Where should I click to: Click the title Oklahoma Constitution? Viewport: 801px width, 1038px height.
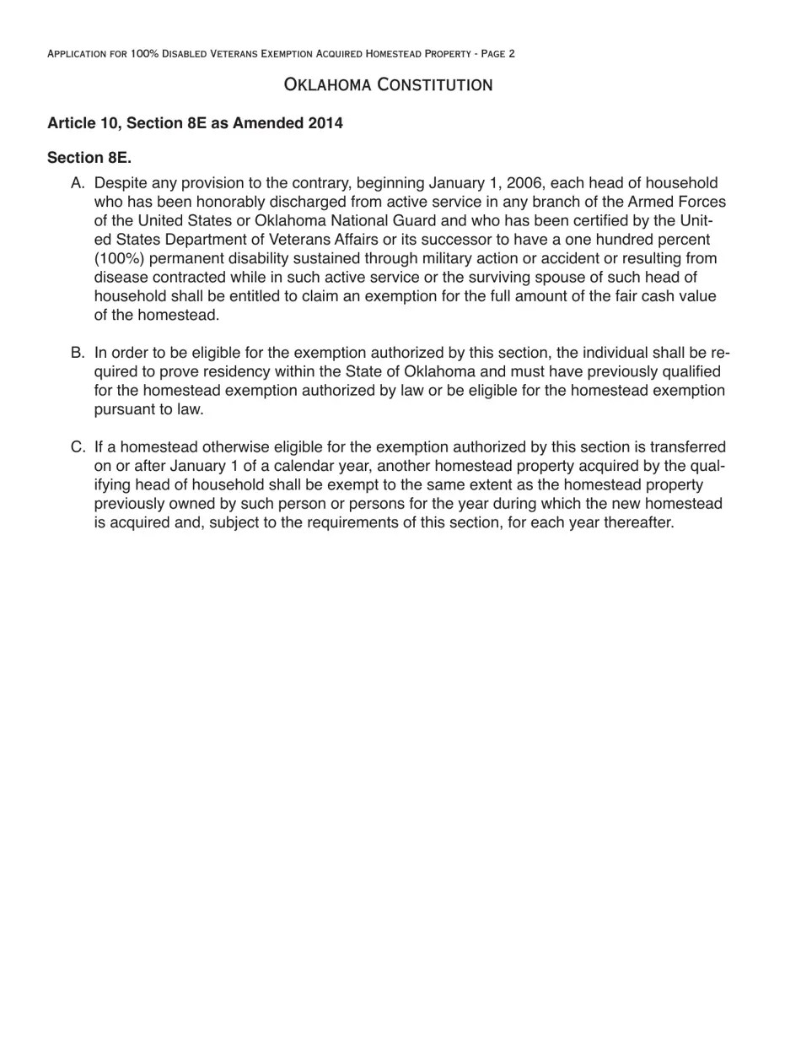point(388,84)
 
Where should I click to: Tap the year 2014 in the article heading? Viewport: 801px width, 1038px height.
point(325,123)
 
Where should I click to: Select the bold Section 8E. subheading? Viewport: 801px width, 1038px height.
point(89,158)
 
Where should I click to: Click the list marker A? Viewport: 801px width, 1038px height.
point(78,184)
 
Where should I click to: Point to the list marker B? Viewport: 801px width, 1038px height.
point(78,353)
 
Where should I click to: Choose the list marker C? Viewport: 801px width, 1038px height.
point(78,447)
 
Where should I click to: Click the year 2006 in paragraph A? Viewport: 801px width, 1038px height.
point(524,184)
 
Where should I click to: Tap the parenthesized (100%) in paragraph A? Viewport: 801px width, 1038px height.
point(120,258)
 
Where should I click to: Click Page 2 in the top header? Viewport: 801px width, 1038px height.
point(497,54)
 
